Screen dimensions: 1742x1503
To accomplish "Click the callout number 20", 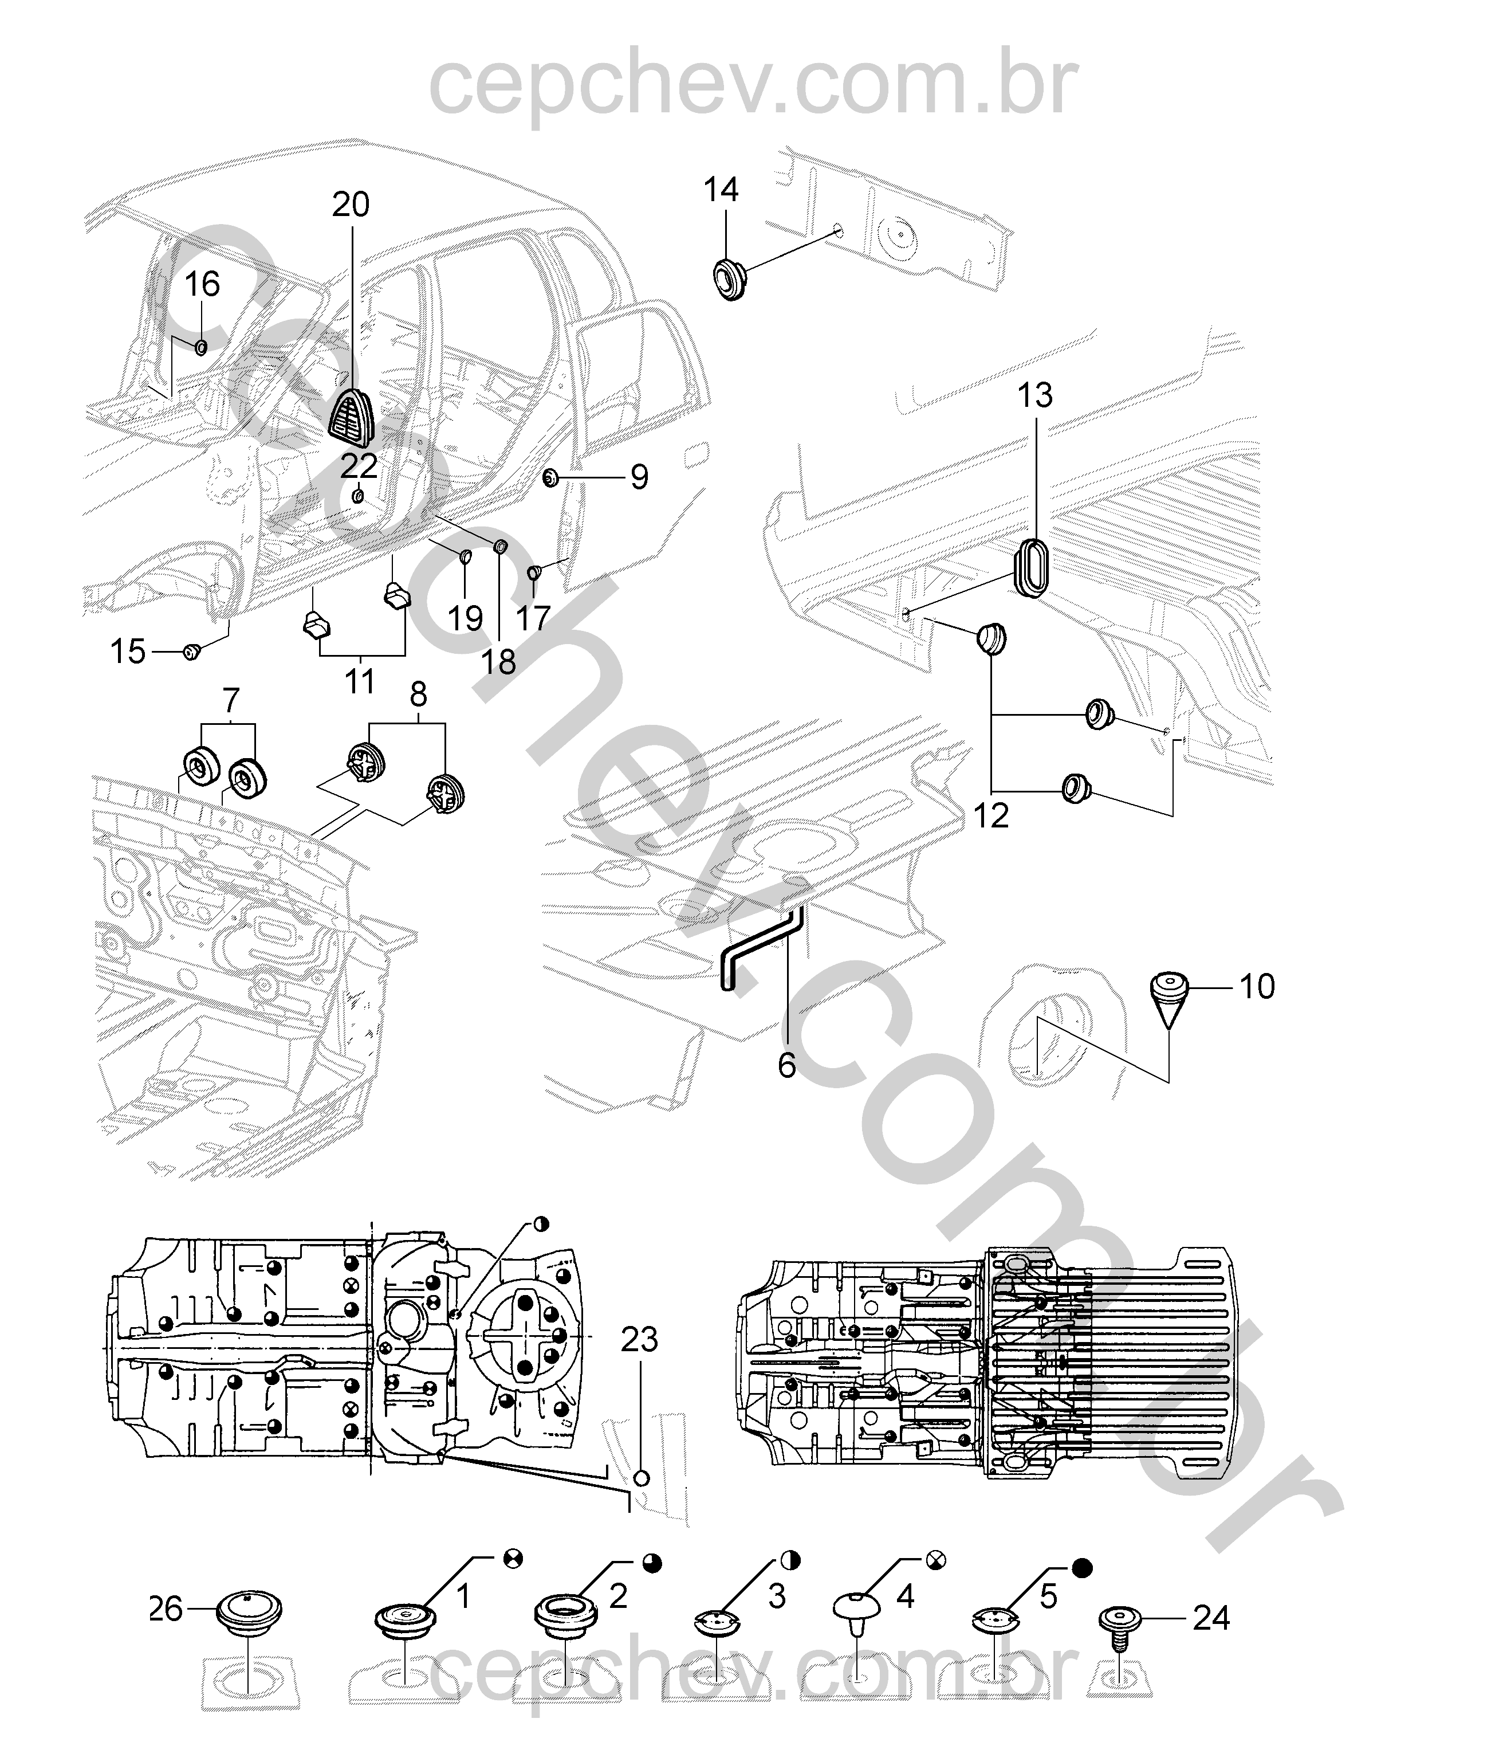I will click(x=351, y=205).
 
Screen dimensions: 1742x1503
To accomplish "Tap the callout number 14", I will click(x=721, y=190).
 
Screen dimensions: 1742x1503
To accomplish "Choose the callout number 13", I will click(x=1035, y=395).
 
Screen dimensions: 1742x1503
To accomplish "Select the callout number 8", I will click(x=418, y=695).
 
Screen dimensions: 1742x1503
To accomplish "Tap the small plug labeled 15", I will click(x=192, y=651).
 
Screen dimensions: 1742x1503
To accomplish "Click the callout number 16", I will click(x=202, y=285).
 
